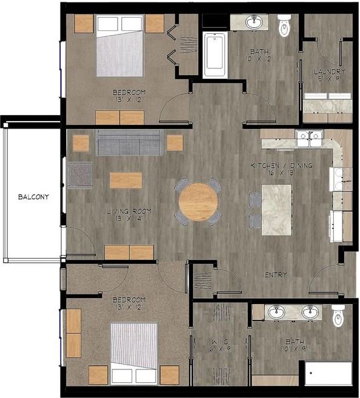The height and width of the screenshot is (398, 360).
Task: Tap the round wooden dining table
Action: pyautogui.click(x=198, y=202)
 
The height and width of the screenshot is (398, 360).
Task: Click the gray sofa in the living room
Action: pyautogui.click(x=129, y=143)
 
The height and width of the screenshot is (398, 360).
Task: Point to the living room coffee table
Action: pyautogui.click(x=126, y=180)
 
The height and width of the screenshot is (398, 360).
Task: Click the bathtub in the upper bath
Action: pyautogui.click(x=215, y=55)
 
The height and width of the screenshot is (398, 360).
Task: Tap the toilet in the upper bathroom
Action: pyautogui.click(x=284, y=25)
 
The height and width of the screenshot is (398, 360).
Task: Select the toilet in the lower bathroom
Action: pyautogui.click(x=338, y=315)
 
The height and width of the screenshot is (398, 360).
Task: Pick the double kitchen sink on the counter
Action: pyautogui.click(x=308, y=139)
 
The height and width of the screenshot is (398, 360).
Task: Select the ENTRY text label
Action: pyautogui.click(x=276, y=275)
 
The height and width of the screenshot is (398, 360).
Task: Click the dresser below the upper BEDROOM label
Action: pyautogui.click(x=119, y=117)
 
